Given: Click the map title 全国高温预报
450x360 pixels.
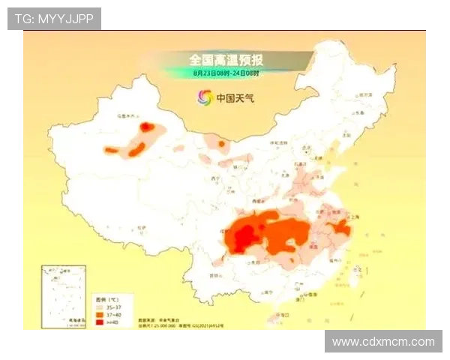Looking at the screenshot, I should point(226,58).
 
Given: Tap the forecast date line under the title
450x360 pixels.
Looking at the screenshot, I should point(226,73).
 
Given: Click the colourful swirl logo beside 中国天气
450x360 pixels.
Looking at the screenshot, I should point(204,97).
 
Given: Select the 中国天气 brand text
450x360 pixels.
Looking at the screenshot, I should point(235,97).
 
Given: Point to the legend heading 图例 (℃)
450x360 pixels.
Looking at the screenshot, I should point(106,298).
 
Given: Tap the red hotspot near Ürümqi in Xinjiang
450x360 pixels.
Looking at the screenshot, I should point(146,127).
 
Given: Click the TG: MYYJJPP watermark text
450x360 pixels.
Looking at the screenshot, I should point(54,18).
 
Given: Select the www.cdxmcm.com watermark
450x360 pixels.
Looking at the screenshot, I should point(383,342).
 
